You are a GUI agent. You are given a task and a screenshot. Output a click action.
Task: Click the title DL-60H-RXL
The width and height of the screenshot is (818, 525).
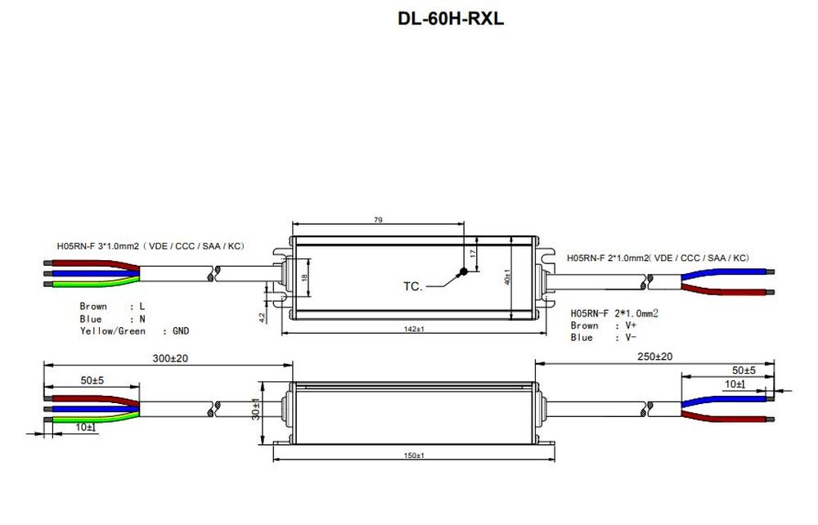point(450,18)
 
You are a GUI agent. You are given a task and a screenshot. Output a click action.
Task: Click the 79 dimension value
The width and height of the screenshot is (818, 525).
point(378,220)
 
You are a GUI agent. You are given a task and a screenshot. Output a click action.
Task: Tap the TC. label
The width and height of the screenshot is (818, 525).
point(412,286)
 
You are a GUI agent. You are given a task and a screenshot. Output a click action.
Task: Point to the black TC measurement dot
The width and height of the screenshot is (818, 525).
point(463,272)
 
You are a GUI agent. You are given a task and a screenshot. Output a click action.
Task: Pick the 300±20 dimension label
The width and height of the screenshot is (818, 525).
point(170,358)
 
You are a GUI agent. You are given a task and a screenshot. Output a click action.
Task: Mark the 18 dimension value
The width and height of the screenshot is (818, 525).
point(304,278)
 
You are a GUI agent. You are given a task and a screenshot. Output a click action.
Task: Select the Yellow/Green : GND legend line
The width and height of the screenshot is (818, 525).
point(134,331)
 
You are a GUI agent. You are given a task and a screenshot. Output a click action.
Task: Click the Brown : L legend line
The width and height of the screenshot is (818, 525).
point(112,307)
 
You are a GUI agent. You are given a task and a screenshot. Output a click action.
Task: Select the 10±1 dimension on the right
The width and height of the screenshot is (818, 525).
point(735,383)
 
